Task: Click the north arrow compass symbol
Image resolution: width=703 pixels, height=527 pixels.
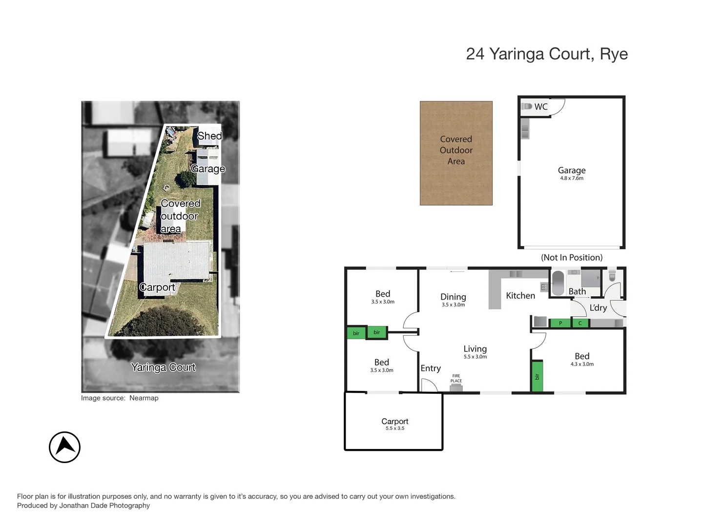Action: [64, 447]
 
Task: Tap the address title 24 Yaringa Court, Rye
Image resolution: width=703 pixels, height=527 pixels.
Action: [546, 54]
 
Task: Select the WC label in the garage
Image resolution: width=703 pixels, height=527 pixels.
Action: [541, 107]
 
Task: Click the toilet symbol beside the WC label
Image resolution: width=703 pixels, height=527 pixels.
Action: [527, 106]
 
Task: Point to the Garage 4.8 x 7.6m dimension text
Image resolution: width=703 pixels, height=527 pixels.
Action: [571, 179]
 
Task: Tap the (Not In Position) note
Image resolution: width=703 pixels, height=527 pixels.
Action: [571, 258]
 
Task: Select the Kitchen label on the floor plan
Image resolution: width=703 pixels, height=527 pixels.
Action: [520, 296]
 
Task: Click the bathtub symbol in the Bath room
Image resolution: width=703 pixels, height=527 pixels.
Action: [558, 283]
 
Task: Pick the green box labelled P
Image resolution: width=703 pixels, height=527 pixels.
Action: [560, 323]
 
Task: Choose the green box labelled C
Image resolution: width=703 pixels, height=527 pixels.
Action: [580, 323]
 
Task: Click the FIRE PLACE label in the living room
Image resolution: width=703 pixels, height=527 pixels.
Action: [456, 379]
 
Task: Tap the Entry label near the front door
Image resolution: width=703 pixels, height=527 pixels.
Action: [431, 368]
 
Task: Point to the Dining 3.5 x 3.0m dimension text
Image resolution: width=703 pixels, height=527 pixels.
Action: [453, 305]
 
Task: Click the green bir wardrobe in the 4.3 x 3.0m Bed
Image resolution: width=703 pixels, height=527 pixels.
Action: [537, 376]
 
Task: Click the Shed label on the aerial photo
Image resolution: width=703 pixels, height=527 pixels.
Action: [209, 136]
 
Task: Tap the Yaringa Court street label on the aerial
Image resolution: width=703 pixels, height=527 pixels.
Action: [163, 367]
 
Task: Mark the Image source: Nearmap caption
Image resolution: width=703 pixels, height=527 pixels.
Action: [120, 398]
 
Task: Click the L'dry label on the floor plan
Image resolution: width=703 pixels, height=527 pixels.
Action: [598, 308]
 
